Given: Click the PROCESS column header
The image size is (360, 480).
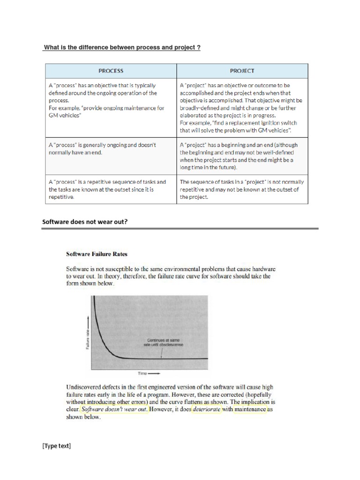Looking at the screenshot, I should [111, 71].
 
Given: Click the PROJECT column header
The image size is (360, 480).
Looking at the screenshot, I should [242, 71].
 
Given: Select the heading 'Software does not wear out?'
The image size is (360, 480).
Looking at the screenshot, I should [85, 222].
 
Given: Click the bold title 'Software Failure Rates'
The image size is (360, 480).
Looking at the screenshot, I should [97, 254].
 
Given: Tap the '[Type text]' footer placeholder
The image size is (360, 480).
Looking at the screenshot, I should [57, 446].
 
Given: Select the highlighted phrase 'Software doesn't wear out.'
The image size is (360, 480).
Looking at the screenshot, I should [114, 409].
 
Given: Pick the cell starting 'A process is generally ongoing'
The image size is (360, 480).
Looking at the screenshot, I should [111, 149].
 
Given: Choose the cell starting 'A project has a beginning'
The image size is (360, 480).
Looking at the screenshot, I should [242, 156].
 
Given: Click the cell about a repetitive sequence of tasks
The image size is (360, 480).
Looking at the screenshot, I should [111, 189].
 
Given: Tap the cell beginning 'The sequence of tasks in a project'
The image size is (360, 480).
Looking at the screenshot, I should [242, 189].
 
